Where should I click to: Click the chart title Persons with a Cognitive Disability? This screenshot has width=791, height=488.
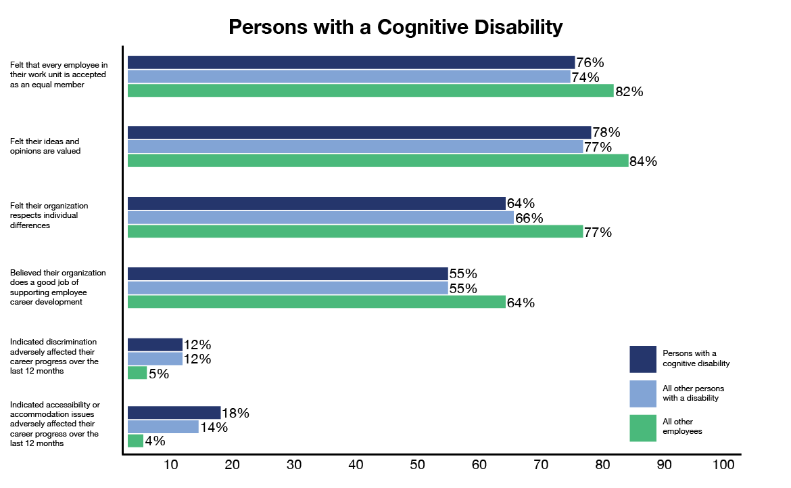tap(395, 27)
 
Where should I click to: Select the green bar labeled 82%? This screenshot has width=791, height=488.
tap(370, 91)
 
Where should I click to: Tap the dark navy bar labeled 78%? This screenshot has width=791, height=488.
tap(359, 133)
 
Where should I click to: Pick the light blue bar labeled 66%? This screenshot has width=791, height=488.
tap(320, 217)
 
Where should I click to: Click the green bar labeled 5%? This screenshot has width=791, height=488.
tap(137, 372)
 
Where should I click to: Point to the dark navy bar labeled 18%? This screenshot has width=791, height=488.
tap(174, 412)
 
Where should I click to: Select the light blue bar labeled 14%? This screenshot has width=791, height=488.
tap(163, 426)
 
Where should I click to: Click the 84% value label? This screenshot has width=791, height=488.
tap(644, 162)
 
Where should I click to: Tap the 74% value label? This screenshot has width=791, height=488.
tap(585, 77)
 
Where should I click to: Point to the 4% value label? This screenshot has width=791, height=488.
tap(155, 441)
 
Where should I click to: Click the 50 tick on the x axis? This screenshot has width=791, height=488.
tap(417, 465)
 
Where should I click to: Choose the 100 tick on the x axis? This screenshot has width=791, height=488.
tap(723, 465)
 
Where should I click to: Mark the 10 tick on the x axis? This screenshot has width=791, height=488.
tap(170, 465)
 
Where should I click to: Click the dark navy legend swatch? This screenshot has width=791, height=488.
tap(643, 359)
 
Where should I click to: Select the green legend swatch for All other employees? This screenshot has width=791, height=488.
tap(643, 428)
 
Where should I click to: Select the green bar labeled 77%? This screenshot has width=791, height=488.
tap(355, 231)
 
